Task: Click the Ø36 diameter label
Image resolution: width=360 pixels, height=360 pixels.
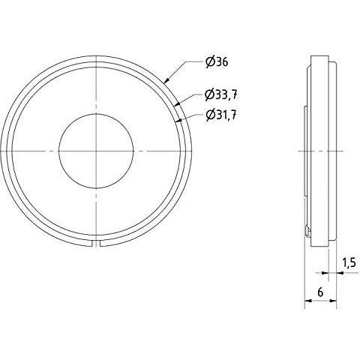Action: click(217, 62)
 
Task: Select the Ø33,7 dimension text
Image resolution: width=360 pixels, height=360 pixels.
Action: click(220, 95)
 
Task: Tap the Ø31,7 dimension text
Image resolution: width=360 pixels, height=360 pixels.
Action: click(221, 115)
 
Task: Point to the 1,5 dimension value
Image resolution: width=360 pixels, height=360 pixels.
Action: click(349, 262)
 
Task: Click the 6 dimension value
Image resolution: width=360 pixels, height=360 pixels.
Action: click(320, 292)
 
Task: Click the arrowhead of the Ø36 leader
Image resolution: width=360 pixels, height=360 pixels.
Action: click(166, 80)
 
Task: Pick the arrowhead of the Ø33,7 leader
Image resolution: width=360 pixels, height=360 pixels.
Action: click(176, 103)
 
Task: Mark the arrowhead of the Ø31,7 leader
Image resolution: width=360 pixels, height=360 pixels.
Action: click(178, 121)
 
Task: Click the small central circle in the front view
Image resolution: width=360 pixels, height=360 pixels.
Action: click(96, 151)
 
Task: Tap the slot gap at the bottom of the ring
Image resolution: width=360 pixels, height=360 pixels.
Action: click(96, 244)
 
